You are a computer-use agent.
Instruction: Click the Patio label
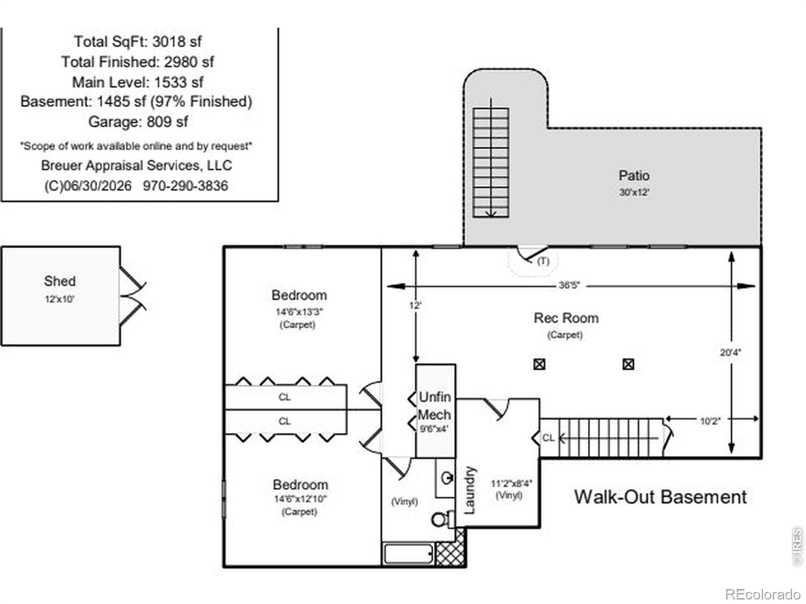click(634, 175)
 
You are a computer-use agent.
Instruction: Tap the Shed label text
click(60, 281)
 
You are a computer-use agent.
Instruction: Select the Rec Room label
click(566, 318)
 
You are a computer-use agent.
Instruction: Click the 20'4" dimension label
click(730, 352)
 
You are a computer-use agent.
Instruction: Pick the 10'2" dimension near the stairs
click(710, 421)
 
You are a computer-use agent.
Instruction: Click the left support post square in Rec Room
click(539, 364)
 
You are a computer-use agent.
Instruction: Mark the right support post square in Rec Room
click(628, 364)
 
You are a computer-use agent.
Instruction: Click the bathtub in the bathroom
click(408, 554)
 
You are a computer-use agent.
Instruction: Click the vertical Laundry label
click(469, 490)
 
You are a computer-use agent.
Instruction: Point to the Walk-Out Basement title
click(660, 497)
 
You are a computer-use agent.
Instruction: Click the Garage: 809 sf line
click(138, 122)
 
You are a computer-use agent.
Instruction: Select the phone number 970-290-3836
click(185, 186)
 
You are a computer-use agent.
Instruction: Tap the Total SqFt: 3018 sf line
click(138, 41)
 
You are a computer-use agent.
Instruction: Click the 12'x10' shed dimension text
click(59, 299)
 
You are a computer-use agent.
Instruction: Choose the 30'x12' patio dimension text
click(634, 192)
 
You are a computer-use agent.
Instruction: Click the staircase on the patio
click(491, 162)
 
